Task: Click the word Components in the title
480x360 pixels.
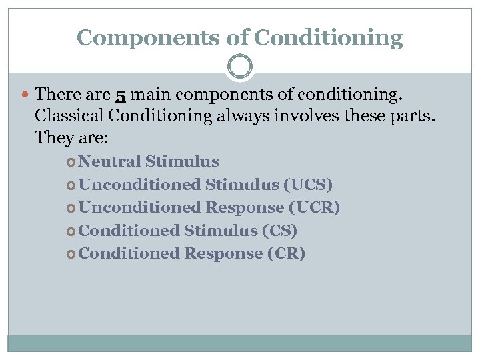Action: tap(149, 37)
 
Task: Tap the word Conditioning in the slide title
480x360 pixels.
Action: tap(328, 37)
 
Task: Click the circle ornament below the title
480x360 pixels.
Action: tap(240, 67)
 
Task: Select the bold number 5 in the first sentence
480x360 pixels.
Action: tap(120, 97)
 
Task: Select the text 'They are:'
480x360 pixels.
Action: tap(71, 139)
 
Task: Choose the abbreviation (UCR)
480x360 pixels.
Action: tap(314, 207)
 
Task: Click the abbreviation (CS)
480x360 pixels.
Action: tap(280, 231)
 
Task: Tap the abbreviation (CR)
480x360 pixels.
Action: tap(287, 253)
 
